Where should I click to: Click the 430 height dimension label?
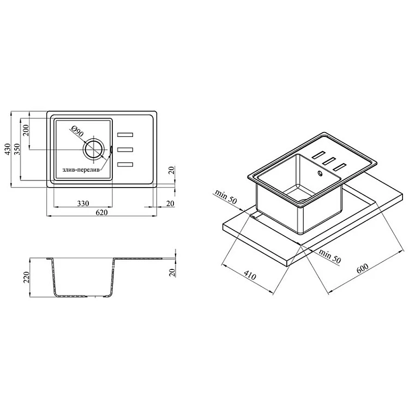click(8, 149)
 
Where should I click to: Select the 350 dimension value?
click(17, 149)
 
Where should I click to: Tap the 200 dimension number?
click(26, 130)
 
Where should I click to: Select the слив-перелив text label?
click(81, 170)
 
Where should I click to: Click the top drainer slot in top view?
click(125, 135)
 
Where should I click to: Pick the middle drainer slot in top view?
click(125, 149)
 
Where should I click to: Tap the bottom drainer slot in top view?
click(125, 164)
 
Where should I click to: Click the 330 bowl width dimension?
click(83, 203)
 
